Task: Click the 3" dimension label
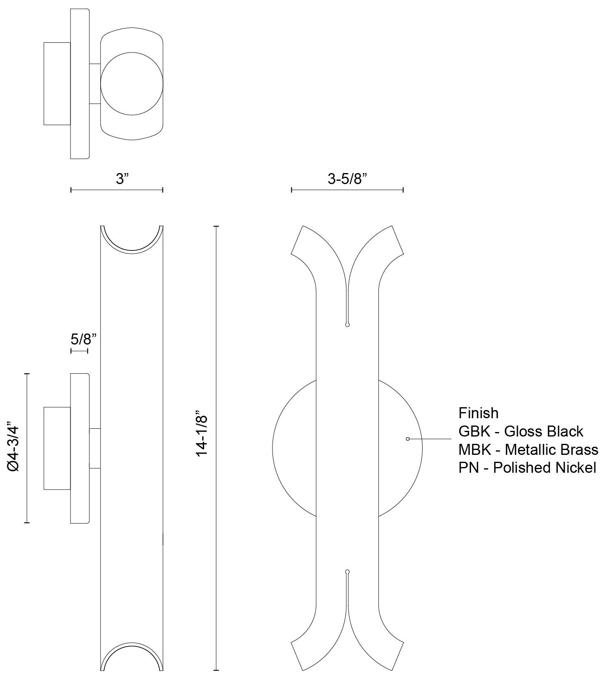pos(122,178)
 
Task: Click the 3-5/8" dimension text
pos(348,178)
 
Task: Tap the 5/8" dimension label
pos(84,338)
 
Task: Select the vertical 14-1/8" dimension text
pos(202,433)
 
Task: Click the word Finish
pos(478,413)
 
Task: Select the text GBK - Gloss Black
pos(521,431)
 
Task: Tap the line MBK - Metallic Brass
pos(528,450)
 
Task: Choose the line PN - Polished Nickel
pos(527,467)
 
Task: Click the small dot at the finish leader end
pos(407,439)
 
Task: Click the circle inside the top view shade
pos(132,83)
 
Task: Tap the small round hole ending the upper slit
pos(347,325)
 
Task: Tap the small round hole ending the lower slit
pos(347,572)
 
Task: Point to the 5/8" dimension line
pos(79,351)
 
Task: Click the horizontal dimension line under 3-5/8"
pos(348,190)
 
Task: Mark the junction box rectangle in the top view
pos(57,83)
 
